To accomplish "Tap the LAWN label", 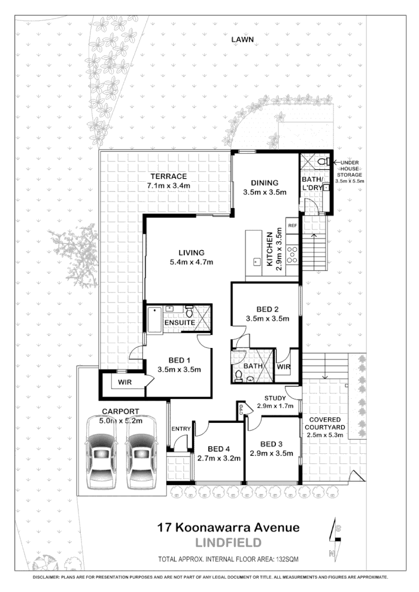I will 243,39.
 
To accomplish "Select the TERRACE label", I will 168,176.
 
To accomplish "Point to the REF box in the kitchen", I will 293,226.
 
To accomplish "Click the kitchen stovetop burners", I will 293,255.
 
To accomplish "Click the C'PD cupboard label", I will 242,410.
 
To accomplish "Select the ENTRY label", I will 181,429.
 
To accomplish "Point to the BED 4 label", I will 219,448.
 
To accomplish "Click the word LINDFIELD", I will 229,543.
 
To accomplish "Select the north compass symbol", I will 335,541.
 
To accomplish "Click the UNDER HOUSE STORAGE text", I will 350,171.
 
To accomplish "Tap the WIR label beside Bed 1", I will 125,382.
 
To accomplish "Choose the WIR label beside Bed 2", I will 284,367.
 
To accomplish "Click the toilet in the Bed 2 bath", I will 239,376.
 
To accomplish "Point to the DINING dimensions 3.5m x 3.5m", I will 265,192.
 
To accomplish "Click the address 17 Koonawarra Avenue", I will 227,528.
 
